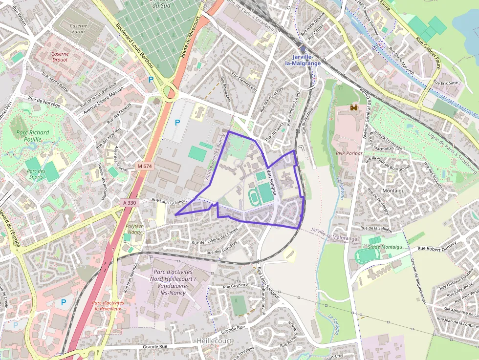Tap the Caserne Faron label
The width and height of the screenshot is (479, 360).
point(78,29)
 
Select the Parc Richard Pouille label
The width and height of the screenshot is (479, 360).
point(32,136)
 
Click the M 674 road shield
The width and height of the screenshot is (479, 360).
point(145,167)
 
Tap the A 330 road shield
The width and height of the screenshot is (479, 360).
point(130,202)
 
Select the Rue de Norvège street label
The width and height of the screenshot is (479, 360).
point(44,102)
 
